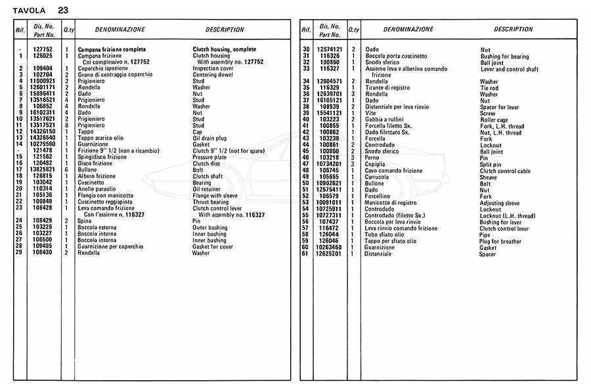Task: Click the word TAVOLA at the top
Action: (30, 10)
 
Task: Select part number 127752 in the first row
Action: (43, 49)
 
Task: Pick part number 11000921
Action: (43, 81)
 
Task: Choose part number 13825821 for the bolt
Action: (43, 169)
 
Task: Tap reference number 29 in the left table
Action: (22, 252)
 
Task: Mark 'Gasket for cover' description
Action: (213, 246)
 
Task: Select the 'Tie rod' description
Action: (490, 88)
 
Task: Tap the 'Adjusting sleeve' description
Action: (500, 203)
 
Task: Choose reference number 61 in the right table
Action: (305, 253)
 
